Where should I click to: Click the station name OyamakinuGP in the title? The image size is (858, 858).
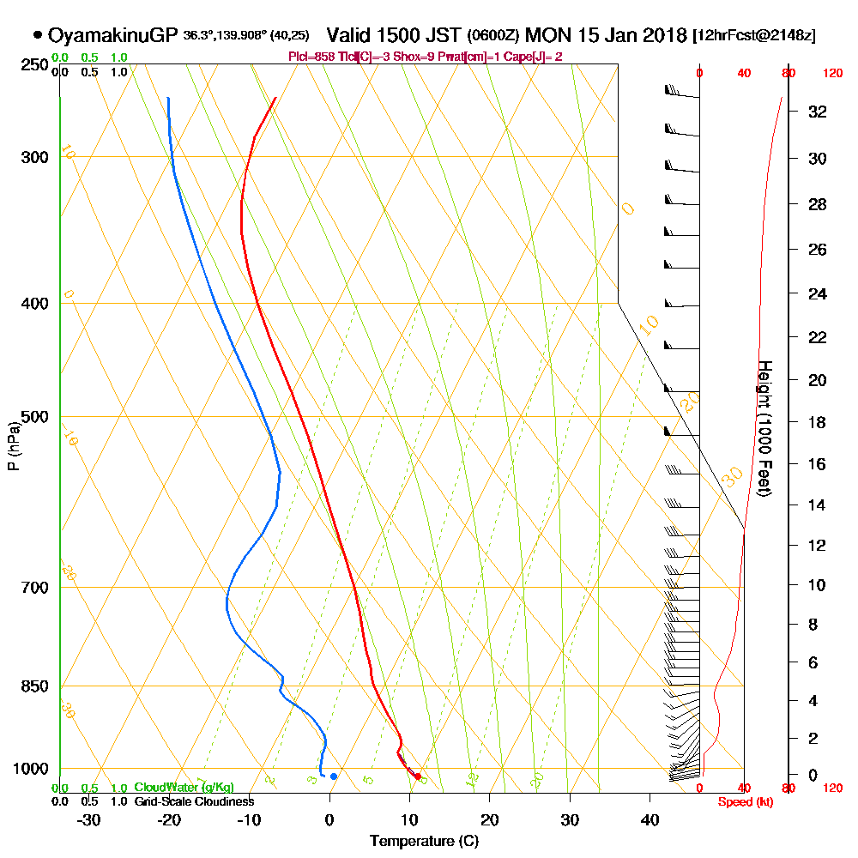click(112, 36)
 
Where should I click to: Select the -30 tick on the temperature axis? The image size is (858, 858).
click(89, 819)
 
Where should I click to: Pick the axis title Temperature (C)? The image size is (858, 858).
click(424, 842)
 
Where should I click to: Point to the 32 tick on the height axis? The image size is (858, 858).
click(819, 112)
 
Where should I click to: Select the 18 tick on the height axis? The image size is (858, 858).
click(819, 422)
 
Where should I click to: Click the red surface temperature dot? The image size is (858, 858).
click(418, 776)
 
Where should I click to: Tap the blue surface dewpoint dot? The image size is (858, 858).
click(334, 776)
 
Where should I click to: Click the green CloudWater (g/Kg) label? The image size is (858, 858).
click(184, 788)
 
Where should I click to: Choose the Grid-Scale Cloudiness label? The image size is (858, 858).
click(193, 801)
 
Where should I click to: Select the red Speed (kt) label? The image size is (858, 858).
click(743, 801)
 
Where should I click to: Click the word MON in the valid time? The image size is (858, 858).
click(545, 36)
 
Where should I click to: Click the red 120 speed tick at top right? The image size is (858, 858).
click(831, 74)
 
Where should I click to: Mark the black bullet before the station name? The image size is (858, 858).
click(38, 35)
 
